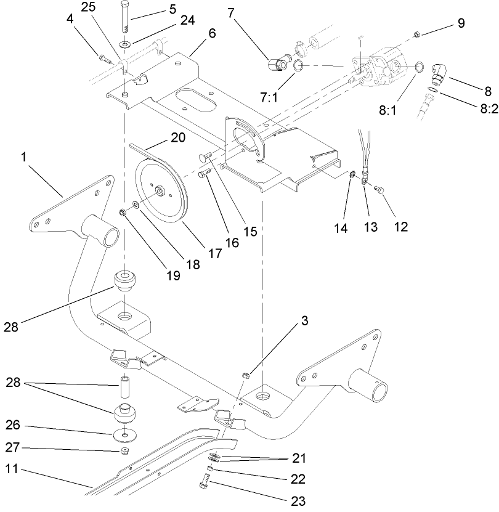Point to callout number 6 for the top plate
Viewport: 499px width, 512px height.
pos(212,33)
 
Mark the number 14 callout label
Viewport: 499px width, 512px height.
pos(341,228)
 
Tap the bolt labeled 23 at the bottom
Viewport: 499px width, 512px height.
pos(205,484)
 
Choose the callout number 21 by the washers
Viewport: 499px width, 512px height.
pos(299,458)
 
